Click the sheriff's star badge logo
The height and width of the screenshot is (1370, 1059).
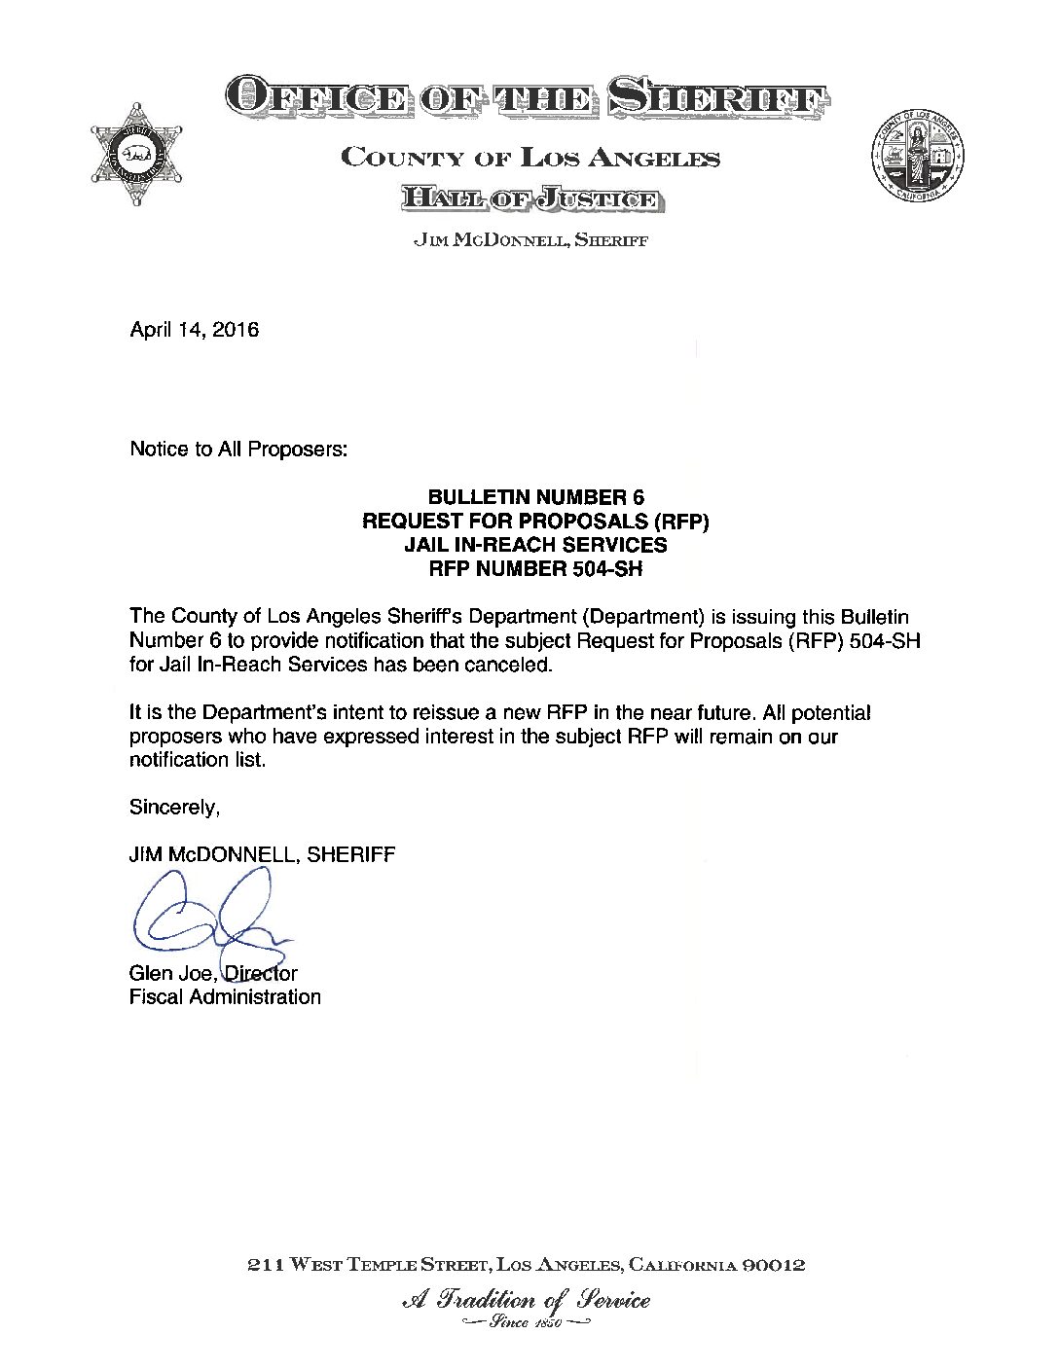point(137,153)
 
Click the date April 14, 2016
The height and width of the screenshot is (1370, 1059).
point(195,330)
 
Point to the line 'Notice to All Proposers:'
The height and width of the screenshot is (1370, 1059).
point(238,450)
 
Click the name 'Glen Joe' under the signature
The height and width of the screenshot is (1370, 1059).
point(170,973)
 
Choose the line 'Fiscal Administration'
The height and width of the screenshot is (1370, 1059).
point(225,996)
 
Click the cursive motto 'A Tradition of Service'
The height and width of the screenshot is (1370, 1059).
point(526,1299)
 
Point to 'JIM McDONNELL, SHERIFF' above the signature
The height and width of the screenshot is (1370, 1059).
point(262,855)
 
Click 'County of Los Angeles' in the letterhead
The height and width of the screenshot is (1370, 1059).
point(530,158)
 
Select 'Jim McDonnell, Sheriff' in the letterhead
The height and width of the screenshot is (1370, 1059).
point(530,240)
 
